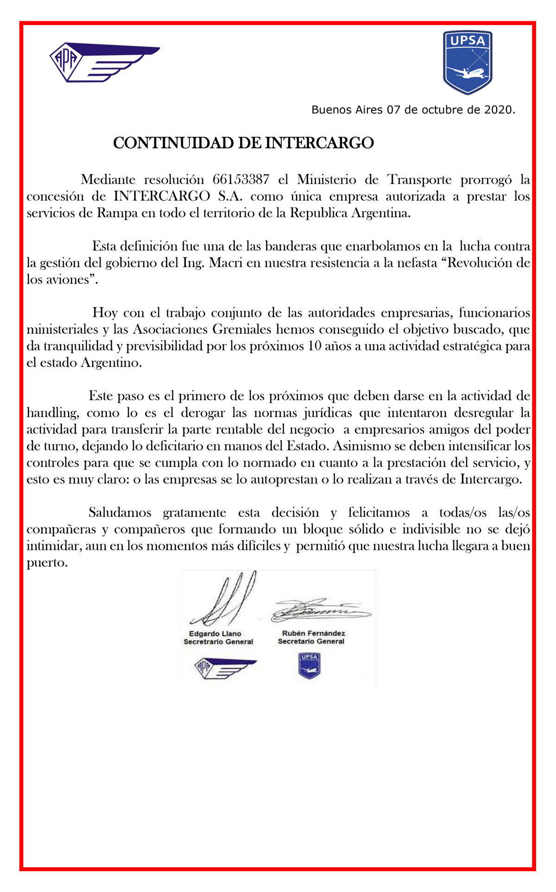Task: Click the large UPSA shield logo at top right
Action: tap(467, 62)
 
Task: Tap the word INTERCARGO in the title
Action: tap(319, 143)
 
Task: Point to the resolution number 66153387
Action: tap(241, 180)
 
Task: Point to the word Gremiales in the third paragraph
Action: tap(242, 330)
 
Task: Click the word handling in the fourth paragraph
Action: tap(51, 413)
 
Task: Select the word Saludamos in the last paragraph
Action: tap(120, 513)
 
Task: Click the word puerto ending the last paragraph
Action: tap(46, 563)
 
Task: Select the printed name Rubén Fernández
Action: tap(314, 633)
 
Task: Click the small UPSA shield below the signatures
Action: tap(309, 666)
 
